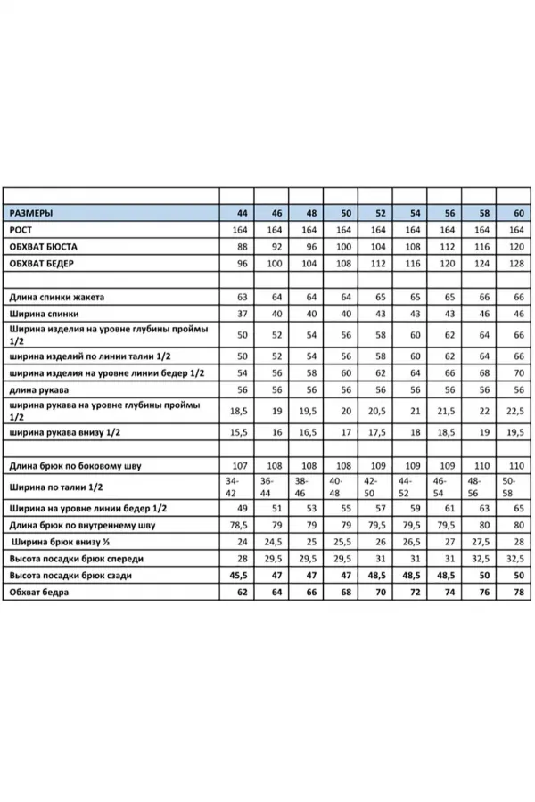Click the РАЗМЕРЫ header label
[31, 214]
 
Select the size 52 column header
[380, 214]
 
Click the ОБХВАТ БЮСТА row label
[44, 247]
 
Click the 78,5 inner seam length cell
[238, 525]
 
